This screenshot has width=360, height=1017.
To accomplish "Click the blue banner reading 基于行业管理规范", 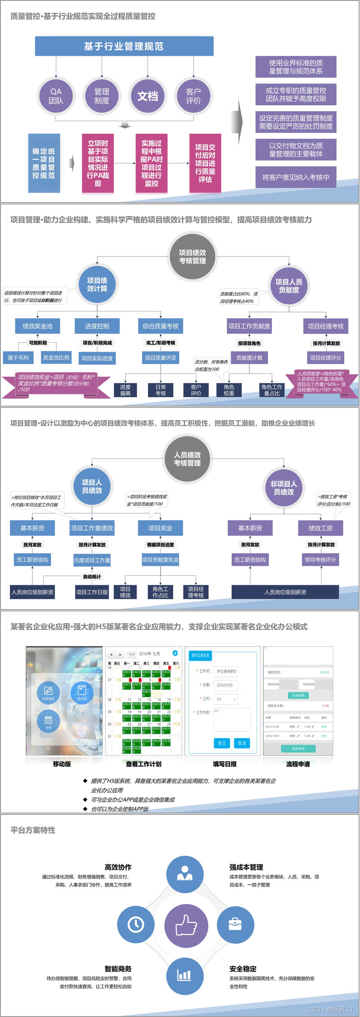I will pos(124,46).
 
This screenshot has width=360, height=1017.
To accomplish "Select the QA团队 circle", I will pos(56,96).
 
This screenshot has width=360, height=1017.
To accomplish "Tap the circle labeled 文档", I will pos(148,96).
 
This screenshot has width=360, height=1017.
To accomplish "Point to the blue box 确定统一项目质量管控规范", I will pos(44,163).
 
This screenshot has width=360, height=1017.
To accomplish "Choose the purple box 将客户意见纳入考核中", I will pos(296,177).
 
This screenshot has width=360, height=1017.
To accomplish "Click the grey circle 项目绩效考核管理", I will pos(193,257).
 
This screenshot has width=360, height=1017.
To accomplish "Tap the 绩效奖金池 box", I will pos(37,326).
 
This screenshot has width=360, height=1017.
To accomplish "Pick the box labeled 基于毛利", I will pos(18,357).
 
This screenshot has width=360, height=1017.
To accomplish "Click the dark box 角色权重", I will pos(229,390).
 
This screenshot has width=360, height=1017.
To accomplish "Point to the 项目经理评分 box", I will pos(325,357).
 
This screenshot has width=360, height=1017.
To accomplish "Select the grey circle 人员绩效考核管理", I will pos(187,459).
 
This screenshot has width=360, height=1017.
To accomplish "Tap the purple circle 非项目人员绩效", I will pos(283,488).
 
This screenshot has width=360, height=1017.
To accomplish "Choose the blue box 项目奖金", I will pos(160,528).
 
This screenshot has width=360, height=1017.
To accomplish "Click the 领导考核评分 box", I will pos(320,560).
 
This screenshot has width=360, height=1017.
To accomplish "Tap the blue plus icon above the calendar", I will pos(175,653).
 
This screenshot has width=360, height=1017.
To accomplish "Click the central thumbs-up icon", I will pos(186,925).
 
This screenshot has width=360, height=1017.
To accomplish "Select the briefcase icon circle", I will pos(235,924).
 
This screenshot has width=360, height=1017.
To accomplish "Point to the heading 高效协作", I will pos(118,867).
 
